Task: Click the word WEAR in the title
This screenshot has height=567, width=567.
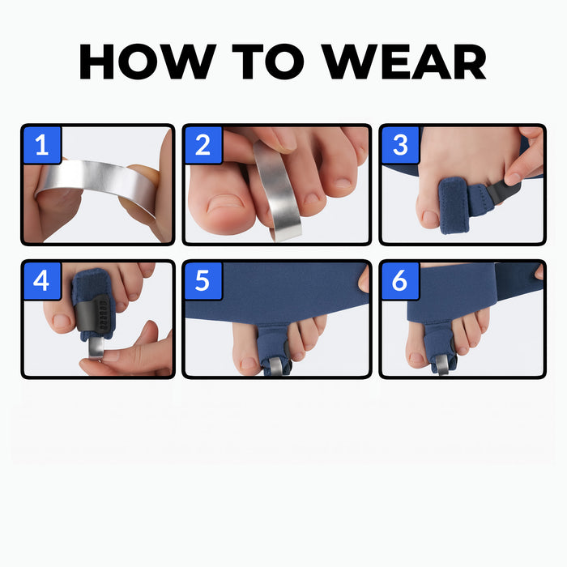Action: [x=403, y=61]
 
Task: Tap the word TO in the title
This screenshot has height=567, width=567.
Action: [x=268, y=61]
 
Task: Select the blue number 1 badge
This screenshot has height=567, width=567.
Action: [x=42, y=145]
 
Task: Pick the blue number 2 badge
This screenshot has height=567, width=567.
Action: [x=203, y=145]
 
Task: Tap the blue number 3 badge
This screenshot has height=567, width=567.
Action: [x=400, y=145]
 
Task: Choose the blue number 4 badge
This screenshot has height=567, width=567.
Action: [x=42, y=280]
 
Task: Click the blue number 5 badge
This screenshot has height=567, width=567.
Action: [x=202, y=280]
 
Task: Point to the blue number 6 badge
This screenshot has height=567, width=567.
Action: [x=400, y=280]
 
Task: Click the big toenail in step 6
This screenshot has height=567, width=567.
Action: [x=416, y=358]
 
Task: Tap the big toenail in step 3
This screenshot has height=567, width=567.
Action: [x=430, y=217]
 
